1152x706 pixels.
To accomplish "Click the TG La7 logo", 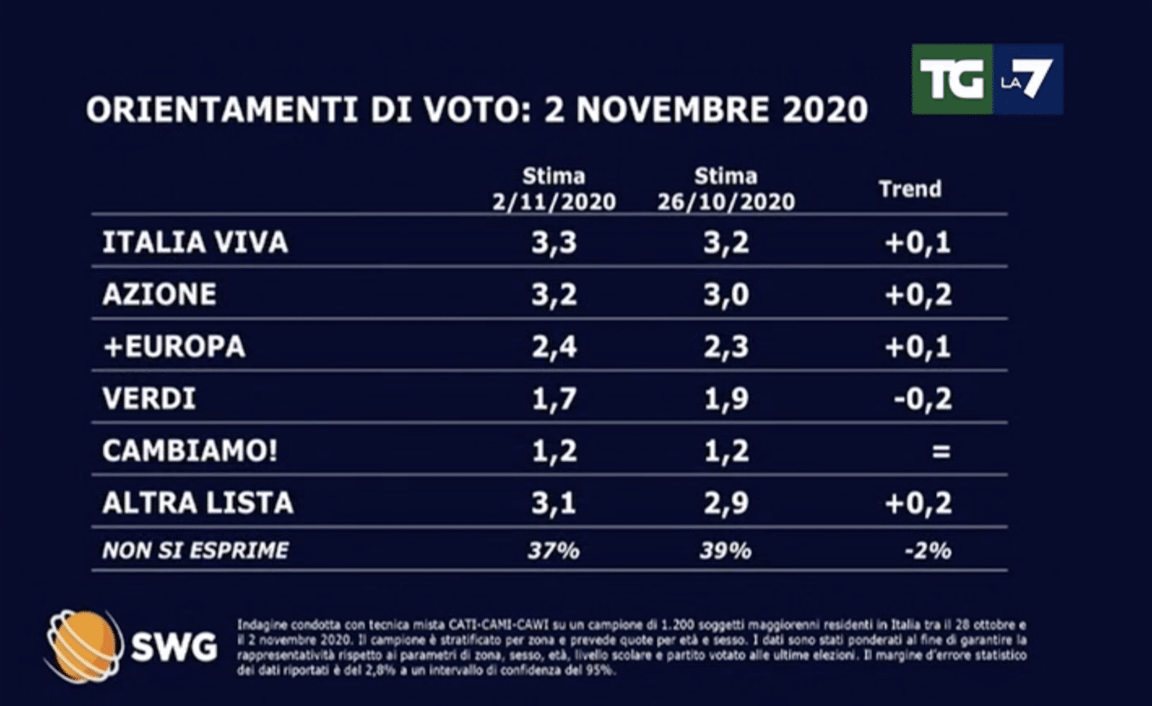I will [x=987, y=79].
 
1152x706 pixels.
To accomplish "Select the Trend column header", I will [x=910, y=188].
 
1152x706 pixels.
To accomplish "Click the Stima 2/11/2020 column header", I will [x=553, y=189].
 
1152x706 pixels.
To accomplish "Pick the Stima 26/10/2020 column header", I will [x=725, y=189].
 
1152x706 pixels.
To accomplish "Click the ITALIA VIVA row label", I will [x=195, y=242].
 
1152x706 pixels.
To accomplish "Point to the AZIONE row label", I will [x=159, y=294].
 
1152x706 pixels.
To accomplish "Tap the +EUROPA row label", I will [x=174, y=347].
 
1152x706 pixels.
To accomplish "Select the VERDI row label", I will [x=149, y=398].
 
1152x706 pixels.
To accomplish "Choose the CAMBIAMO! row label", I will [x=190, y=451].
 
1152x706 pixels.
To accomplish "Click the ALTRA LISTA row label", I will [x=197, y=503].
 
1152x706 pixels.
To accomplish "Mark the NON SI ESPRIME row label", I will [x=195, y=551].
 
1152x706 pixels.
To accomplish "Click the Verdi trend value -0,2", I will [x=922, y=398].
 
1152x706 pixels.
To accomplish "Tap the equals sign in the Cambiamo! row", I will [x=940, y=451].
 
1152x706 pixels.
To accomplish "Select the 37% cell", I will [x=553, y=551].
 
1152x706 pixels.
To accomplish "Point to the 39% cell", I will [x=725, y=551].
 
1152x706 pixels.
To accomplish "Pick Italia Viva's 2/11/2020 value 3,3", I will [x=553, y=242].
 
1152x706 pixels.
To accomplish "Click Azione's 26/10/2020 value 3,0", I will [x=725, y=294].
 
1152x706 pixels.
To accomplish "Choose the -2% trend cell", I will [x=928, y=551].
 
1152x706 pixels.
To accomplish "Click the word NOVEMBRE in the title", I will [x=673, y=110].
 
